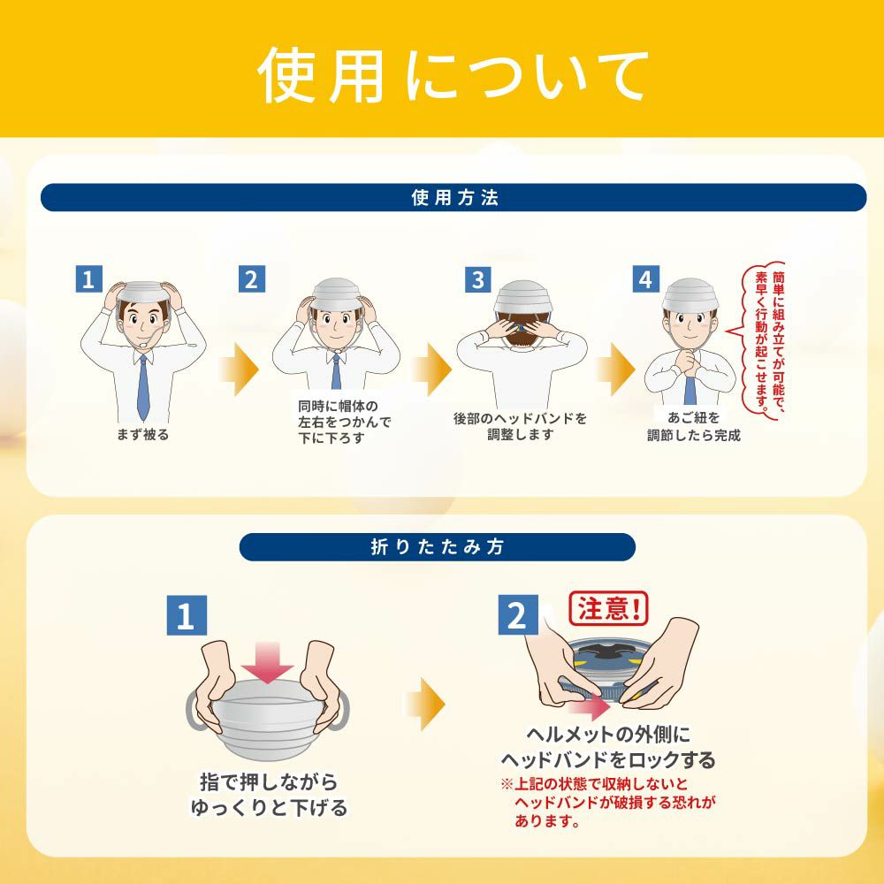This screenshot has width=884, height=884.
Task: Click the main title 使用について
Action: click(452, 76)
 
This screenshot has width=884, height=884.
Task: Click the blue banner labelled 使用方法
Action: click(453, 197)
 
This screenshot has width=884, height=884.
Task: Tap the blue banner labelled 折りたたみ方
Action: click(438, 547)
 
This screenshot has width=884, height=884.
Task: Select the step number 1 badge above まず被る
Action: click(89, 278)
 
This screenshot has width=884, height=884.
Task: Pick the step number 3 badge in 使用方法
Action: click(478, 279)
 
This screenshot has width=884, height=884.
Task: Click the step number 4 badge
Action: click(646, 279)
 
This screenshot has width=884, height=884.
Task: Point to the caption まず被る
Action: click(143, 435)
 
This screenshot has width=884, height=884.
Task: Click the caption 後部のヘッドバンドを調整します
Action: click(521, 426)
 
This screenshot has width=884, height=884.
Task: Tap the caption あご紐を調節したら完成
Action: click(693, 426)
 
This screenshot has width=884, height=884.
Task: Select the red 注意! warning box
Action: click(609, 609)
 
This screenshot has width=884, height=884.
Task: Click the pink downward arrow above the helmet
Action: click(268, 662)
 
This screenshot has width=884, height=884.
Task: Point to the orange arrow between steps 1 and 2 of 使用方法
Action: click(239, 370)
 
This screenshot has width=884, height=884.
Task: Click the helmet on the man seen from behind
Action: click(522, 298)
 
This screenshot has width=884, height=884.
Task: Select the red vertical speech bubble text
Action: click(770, 340)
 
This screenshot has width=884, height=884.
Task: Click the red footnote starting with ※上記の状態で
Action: click(608, 802)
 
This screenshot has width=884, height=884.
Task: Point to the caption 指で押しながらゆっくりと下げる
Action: click(269, 795)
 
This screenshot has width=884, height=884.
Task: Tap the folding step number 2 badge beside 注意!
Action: click(518, 614)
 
